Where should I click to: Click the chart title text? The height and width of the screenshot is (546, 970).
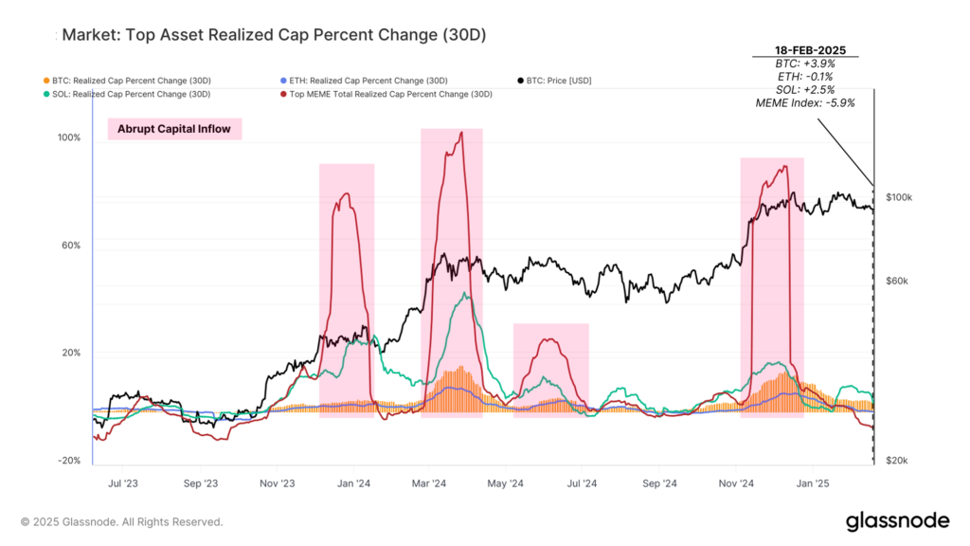274,35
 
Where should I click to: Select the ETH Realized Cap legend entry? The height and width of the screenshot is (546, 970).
365,80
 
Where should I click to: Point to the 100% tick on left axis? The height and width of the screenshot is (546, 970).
69,138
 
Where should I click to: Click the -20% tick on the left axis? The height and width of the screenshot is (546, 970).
69,461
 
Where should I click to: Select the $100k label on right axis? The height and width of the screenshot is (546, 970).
898,197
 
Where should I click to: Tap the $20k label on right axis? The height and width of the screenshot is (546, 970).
897,461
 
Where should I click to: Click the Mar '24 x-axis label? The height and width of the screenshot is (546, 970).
430,482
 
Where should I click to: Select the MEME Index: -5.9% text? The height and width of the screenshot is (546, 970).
804,102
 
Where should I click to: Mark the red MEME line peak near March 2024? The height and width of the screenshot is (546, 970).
460,133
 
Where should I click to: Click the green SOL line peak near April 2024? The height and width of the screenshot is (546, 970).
463,294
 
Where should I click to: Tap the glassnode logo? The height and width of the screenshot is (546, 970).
896,520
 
